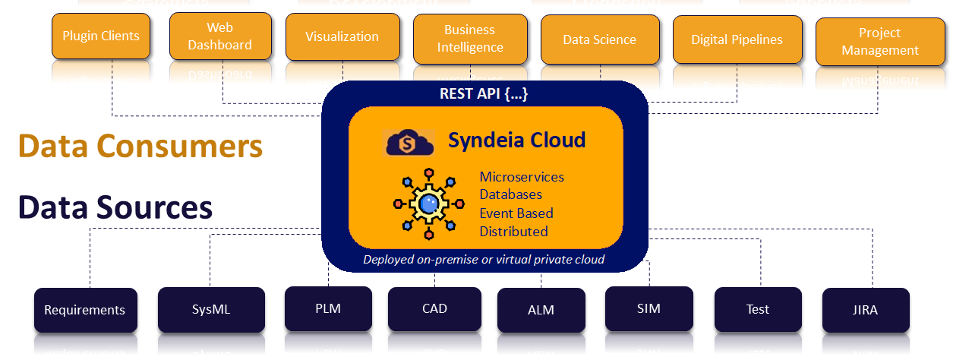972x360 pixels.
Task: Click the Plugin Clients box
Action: (x=101, y=36)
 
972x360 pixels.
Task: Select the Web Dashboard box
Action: (x=219, y=36)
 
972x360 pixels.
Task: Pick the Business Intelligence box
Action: (x=469, y=39)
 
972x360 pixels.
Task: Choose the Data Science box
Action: (x=599, y=39)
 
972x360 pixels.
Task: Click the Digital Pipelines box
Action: (x=737, y=39)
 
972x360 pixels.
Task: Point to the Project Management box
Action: (x=880, y=42)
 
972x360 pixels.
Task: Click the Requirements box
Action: (x=85, y=310)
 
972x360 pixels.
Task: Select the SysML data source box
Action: (x=210, y=309)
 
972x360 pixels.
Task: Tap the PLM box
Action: (x=328, y=308)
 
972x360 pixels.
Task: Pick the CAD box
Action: (x=434, y=308)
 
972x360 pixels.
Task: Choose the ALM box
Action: (x=541, y=310)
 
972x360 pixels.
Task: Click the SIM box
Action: (x=649, y=308)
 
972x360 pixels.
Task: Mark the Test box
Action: (x=757, y=309)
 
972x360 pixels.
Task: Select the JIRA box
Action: (x=866, y=310)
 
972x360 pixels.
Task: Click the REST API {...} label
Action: (x=484, y=93)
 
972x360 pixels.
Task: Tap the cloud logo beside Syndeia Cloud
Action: (x=409, y=142)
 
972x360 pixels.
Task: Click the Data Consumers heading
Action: (x=140, y=146)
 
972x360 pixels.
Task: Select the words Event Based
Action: (x=516, y=213)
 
